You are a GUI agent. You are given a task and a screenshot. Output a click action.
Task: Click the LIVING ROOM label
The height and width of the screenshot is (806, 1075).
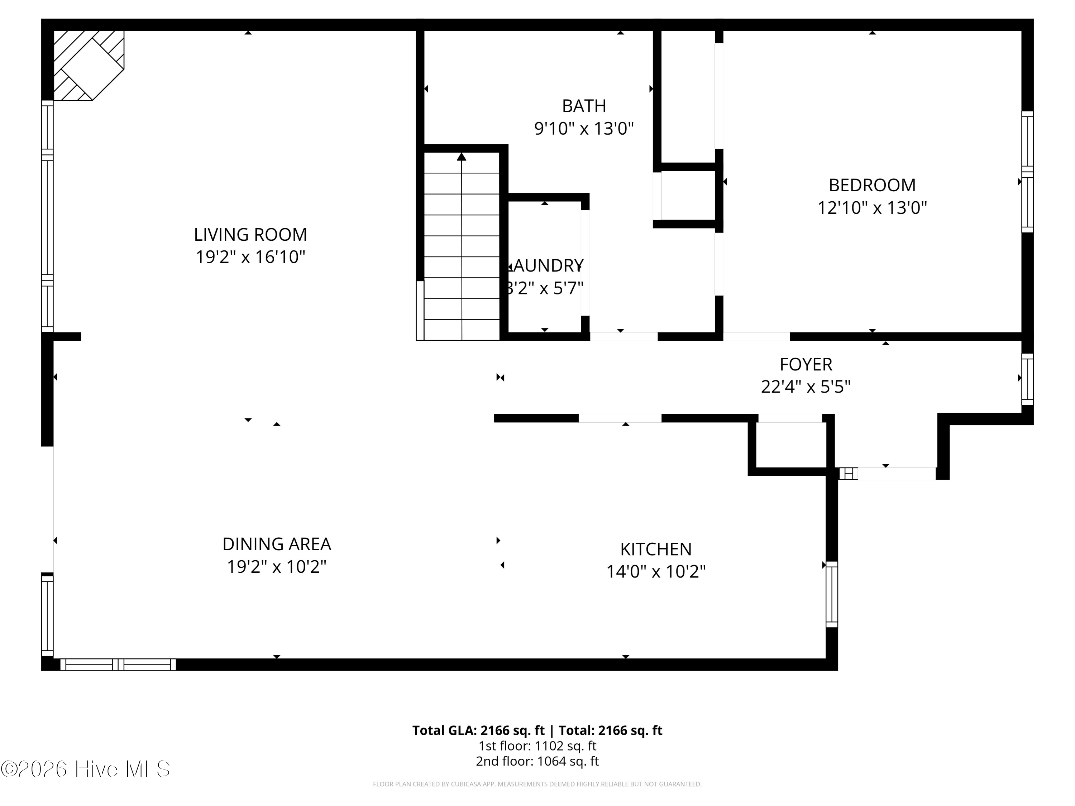(x=250, y=235)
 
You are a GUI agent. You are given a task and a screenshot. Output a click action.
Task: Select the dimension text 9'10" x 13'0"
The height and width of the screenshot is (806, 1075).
(x=584, y=129)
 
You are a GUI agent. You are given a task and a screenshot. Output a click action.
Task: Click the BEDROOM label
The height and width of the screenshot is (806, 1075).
(x=872, y=185)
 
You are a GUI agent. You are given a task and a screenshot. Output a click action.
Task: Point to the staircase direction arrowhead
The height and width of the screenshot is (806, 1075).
(x=461, y=157)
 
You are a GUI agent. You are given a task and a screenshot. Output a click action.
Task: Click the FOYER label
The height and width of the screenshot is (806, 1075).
(x=806, y=364)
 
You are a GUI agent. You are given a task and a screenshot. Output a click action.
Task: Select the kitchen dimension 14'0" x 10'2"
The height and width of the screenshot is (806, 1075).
(x=656, y=571)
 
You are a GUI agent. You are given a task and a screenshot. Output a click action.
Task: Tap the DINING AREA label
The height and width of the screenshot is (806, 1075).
(x=277, y=544)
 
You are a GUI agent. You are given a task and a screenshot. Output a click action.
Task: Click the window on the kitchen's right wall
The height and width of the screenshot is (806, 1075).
(x=832, y=594)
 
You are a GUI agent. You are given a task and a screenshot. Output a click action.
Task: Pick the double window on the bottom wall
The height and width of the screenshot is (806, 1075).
(x=118, y=665)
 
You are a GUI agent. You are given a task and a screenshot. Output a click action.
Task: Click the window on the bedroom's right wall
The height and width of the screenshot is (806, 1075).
(x=1027, y=172)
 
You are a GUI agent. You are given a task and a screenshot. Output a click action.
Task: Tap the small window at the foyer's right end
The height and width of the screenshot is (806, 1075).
(x=1027, y=379)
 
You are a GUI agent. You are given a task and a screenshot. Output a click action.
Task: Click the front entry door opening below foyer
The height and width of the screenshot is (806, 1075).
(x=896, y=474)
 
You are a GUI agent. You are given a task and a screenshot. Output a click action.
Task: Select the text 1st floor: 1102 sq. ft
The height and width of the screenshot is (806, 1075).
(x=537, y=746)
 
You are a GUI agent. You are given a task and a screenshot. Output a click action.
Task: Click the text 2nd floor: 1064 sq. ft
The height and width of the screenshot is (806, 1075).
(x=537, y=761)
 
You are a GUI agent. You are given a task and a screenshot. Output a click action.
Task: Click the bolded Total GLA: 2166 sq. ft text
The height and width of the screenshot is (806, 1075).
(x=478, y=730)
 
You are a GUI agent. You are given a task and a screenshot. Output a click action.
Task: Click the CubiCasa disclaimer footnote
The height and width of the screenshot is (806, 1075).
(x=537, y=784)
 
